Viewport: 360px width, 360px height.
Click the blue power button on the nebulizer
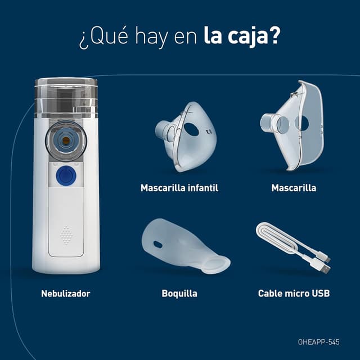[66, 175]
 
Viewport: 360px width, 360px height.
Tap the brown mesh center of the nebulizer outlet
[66, 141]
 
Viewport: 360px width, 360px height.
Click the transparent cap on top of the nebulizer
[66, 97]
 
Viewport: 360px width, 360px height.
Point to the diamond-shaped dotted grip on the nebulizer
[66, 235]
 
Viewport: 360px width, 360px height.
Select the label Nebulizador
[66, 294]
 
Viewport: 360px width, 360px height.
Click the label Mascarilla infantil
[179, 188]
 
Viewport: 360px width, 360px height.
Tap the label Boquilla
[179, 294]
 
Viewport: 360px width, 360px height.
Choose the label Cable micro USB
[294, 294]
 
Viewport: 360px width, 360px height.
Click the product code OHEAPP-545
[319, 342]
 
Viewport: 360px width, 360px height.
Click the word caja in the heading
[247, 37]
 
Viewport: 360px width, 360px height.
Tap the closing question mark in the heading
[275, 35]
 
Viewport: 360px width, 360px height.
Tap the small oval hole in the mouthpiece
[158, 244]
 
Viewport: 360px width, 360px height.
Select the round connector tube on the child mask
[165, 132]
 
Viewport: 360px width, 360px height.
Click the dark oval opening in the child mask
[191, 129]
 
